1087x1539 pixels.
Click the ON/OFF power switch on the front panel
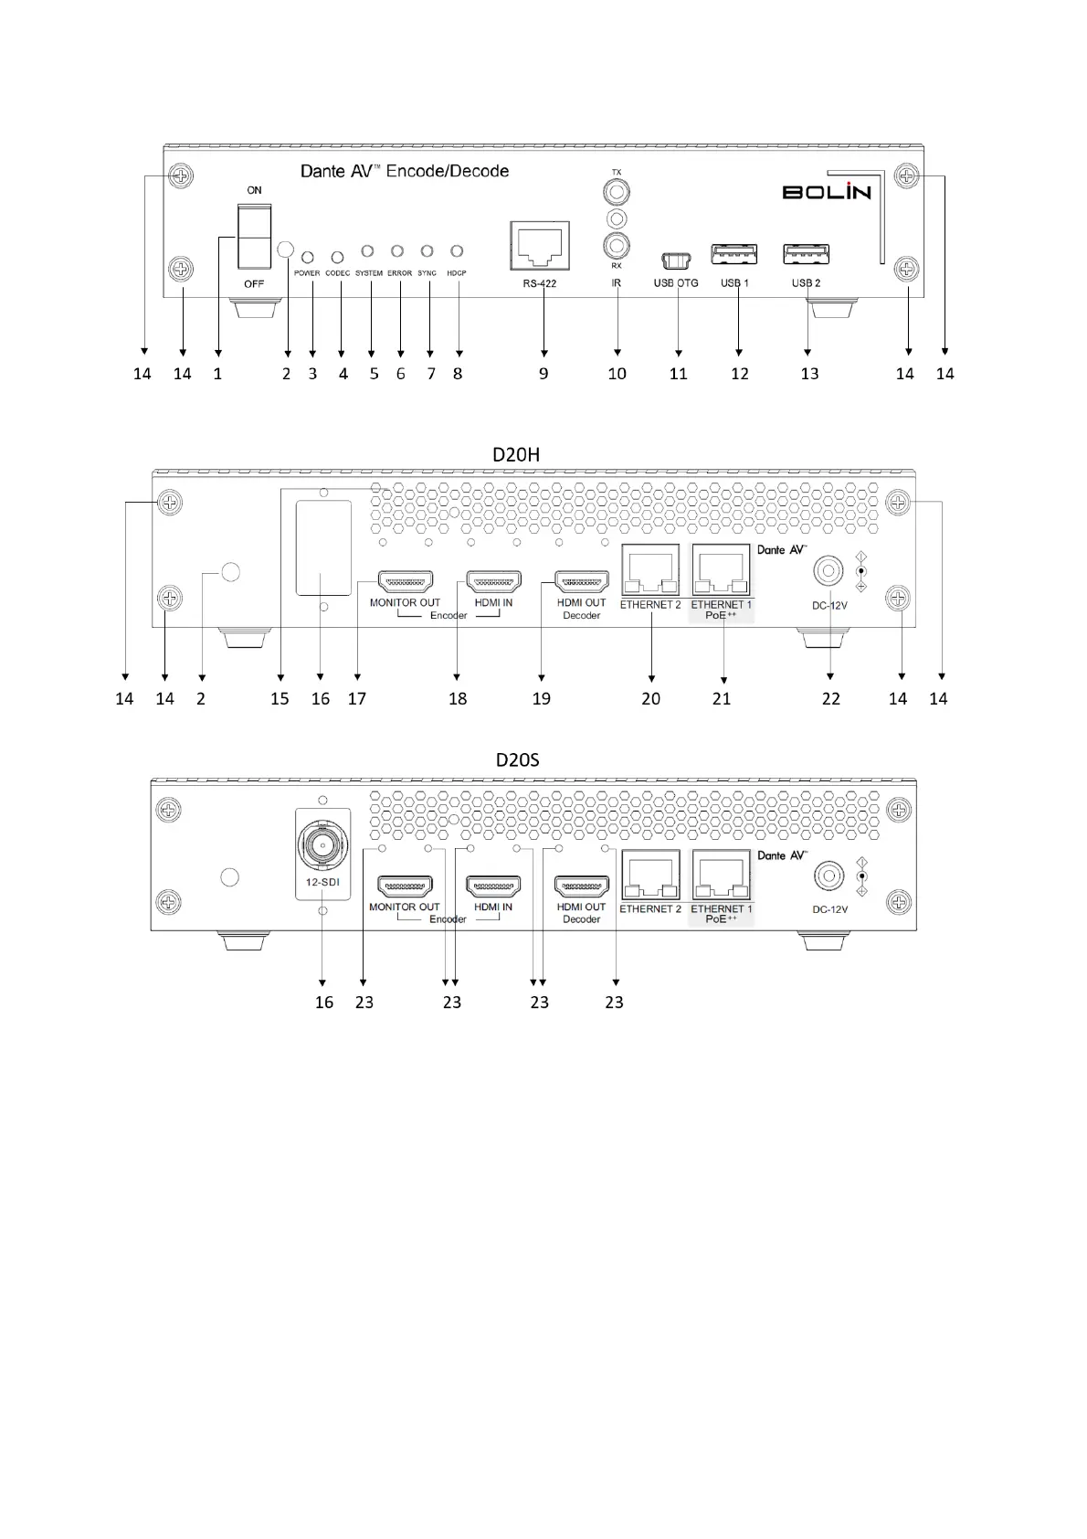point(254,236)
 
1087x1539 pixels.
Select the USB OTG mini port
point(676,260)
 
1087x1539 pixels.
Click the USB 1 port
point(734,254)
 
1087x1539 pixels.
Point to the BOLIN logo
point(826,191)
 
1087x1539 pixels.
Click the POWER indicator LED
point(308,258)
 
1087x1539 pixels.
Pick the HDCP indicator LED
point(457,250)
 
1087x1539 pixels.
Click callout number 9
point(543,374)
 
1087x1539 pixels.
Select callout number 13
point(809,374)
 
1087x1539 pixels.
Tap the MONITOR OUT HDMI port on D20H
point(406,581)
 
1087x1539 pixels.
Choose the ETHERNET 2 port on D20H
point(650,571)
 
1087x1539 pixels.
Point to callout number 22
point(830,699)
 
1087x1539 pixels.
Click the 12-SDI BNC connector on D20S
point(322,847)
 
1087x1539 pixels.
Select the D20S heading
point(517,759)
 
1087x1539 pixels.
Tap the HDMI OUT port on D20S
point(582,886)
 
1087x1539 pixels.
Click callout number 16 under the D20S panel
point(324,1003)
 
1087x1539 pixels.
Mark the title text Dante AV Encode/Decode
point(405,171)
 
